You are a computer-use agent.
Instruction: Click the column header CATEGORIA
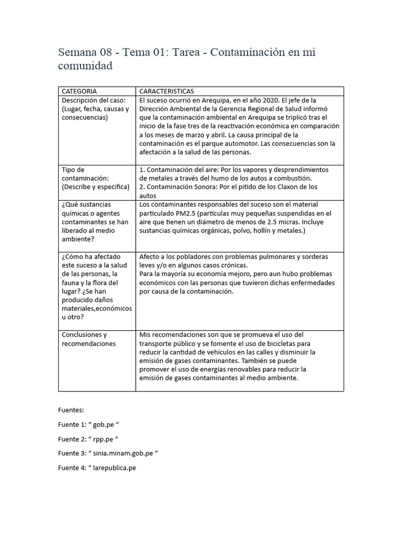(x=79, y=91)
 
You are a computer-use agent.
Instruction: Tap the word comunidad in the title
(x=85, y=67)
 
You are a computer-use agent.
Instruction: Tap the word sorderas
(x=312, y=257)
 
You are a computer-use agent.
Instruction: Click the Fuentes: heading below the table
(x=71, y=409)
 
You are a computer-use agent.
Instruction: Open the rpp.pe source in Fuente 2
(x=105, y=439)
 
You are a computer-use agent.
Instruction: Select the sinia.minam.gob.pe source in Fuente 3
(x=125, y=453)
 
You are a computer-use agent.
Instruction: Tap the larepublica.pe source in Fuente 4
(x=114, y=468)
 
